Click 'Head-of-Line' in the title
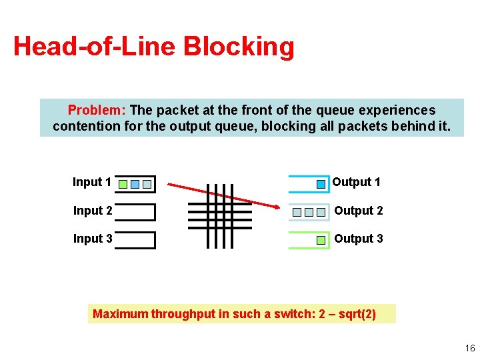[94, 47]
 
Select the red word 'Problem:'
[97, 110]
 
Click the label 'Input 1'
[92, 182]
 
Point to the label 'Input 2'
[92, 211]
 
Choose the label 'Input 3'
[92, 239]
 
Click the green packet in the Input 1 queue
[123, 183]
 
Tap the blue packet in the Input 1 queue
[135, 183]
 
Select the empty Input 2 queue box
[135, 212]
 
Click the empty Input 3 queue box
[135, 240]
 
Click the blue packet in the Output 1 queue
[321, 183]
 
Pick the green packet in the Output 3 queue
[321, 240]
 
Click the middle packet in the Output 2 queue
[309, 212]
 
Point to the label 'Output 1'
[356, 182]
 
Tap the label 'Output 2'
[358, 211]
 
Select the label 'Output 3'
[358, 239]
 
